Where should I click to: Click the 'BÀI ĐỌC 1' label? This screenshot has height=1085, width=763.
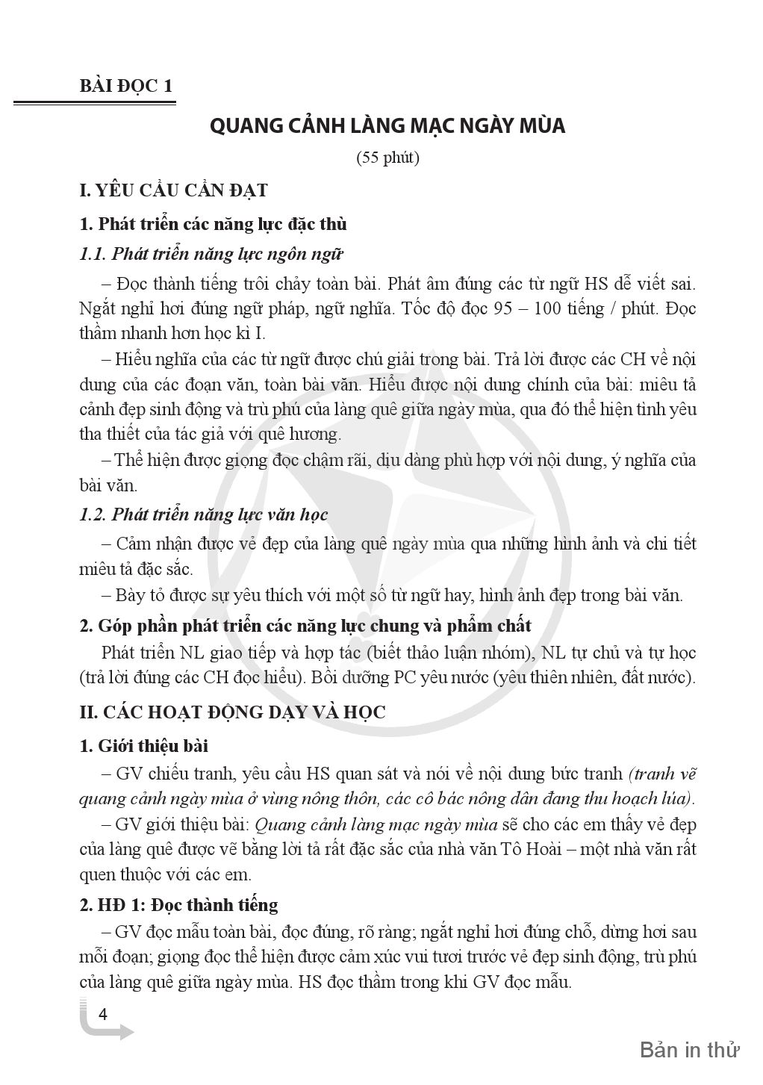pos(125,86)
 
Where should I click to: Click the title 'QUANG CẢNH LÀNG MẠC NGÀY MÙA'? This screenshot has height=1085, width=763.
pos(387,125)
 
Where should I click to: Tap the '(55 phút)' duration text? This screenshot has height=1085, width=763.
pos(387,158)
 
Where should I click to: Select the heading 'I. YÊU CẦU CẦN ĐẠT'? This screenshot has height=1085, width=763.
pos(173,190)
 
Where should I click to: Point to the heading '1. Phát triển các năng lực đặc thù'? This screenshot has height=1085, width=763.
pos(213,223)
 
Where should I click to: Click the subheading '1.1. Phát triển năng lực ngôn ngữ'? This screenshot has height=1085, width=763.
pos(211,254)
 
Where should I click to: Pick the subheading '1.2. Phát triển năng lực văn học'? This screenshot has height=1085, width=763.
pos(204,514)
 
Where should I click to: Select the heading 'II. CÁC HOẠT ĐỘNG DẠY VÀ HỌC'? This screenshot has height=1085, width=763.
pos(232,712)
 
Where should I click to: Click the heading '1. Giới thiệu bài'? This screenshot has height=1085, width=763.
pos(144,746)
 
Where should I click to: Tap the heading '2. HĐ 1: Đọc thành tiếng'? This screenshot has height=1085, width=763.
pos(178,905)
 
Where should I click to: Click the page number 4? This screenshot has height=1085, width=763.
pos(103,1015)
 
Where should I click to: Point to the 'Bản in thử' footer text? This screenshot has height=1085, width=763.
pos(689,1050)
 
